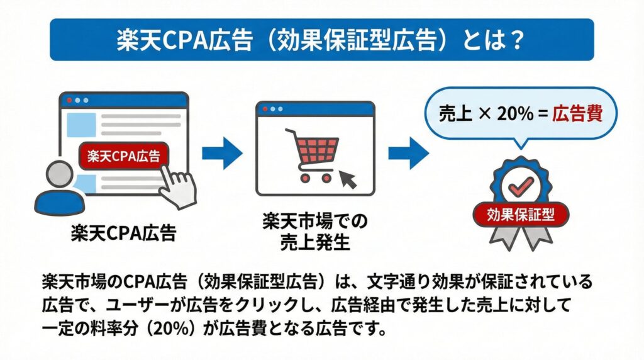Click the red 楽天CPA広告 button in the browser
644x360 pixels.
coord(124,155)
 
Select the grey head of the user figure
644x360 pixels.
coord(60,173)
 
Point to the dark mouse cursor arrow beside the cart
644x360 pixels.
coord(347,181)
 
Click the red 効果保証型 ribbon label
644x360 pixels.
coord(521,214)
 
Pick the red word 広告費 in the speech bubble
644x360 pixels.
coord(577,115)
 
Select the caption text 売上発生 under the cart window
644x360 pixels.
coord(315,242)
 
